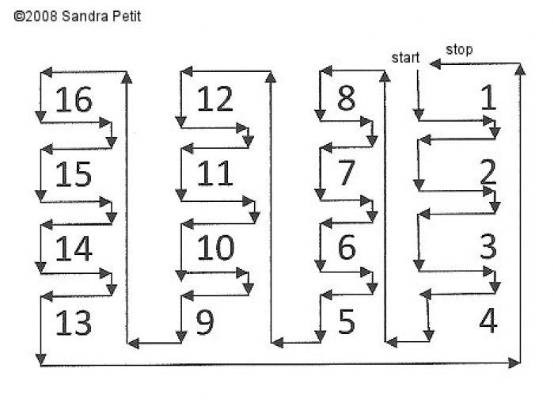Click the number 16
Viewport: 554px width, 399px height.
click(x=74, y=100)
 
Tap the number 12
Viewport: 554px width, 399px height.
click(x=214, y=99)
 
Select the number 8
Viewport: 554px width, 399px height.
click(x=346, y=98)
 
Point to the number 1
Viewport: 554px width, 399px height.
click(x=489, y=97)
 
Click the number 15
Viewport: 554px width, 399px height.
click(x=74, y=174)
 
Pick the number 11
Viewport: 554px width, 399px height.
click(x=214, y=173)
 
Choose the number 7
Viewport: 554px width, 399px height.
click(x=347, y=173)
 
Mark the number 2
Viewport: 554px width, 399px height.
click(x=488, y=172)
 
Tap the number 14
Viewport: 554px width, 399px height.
click(x=74, y=249)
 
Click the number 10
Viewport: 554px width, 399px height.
click(x=215, y=248)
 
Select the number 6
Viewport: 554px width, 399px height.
click(x=347, y=247)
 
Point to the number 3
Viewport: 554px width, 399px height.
click(x=488, y=246)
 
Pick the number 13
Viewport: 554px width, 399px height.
click(x=74, y=323)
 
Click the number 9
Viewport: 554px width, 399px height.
click(x=205, y=322)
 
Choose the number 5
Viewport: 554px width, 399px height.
click(x=347, y=321)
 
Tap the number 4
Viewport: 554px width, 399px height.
click(x=488, y=321)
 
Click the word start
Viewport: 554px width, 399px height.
click(x=405, y=58)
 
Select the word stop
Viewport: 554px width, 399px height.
click(x=459, y=50)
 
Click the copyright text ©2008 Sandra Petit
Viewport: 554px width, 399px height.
click(x=78, y=17)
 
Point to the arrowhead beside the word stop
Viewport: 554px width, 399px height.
click(x=435, y=64)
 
